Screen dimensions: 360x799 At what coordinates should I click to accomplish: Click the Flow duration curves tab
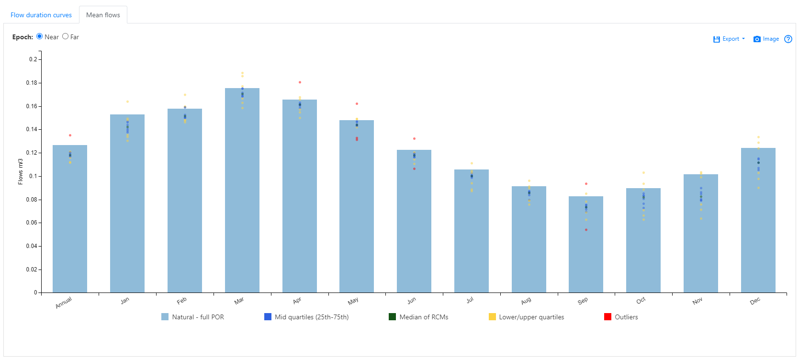click(41, 15)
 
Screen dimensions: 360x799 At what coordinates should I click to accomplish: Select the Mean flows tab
click(103, 15)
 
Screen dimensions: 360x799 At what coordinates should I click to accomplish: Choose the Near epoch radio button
click(40, 36)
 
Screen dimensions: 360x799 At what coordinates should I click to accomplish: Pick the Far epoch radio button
click(66, 36)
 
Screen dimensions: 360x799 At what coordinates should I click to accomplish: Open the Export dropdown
click(729, 39)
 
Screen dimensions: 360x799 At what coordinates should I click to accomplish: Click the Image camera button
click(766, 39)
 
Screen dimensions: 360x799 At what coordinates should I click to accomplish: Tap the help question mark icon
click(788, 39)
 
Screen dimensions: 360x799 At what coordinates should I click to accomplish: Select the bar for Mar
click(242, 191)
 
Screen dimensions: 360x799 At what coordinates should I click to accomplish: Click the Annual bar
click(70, 220)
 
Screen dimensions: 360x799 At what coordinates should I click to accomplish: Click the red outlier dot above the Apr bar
click(300, 82)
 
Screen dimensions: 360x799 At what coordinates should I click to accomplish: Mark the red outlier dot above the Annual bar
click(70, 135)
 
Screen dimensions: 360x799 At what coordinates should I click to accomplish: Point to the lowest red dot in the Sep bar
click(586, 230)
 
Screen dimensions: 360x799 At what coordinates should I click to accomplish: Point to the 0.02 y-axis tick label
click(32, 270)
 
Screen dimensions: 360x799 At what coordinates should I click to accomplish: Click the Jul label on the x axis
click(470, 300)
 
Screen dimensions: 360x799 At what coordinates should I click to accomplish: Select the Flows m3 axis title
click(21, 171)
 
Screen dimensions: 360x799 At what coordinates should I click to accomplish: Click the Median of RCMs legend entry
click(418, 317)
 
